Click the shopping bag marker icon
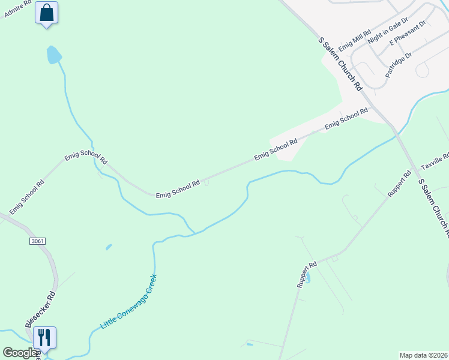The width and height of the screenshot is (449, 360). coord(47,13)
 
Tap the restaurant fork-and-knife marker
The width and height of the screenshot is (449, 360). coord(44,337)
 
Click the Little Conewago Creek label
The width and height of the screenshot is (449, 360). coord(129,301)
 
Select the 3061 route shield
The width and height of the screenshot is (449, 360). coord(37,241)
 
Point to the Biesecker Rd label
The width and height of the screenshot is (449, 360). coord(40,310)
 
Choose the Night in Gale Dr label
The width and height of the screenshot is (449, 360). coord(384,31)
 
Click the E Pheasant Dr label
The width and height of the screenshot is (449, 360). coord(408,33)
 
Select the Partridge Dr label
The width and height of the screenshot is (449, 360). coord(399,64)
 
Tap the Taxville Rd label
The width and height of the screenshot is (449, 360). coord(435,161)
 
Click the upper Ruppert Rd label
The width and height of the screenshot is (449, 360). coord(399,184)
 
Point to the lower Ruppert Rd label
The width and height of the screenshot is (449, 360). coord(307,275)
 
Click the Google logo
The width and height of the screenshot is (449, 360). coord(20,353)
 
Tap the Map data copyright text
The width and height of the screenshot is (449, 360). coord(423,355)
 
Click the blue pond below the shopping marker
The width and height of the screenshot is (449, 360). coord(54,55)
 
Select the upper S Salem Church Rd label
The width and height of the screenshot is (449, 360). coord(340,63)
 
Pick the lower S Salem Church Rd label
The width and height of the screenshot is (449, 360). coord(433,208)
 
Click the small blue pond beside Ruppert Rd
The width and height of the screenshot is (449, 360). coord(309,278)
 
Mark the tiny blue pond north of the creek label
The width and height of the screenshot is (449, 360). coord(109,247)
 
